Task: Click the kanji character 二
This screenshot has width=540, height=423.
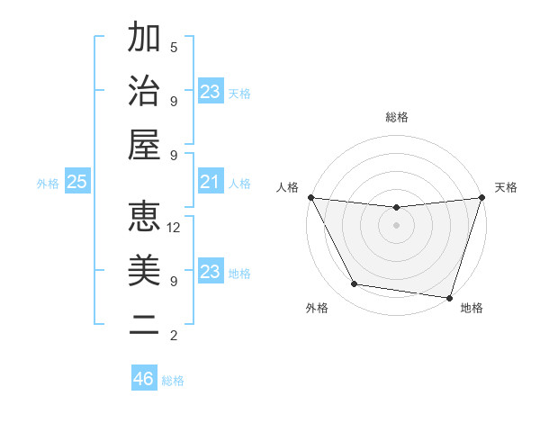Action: pyautogui.click(x=144, y=325)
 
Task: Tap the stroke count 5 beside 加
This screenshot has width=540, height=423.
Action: pyautogui.click(x=174, y=47)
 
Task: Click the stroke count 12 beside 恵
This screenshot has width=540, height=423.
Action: pyautogui.click(x=174, y=228)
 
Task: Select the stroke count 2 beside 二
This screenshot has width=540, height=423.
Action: pyautogui.click(x=174, y=336)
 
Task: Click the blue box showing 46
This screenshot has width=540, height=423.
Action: pyautogui.click(x=144, y=379)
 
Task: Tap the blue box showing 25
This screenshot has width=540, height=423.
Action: pyautogui.click(x=76, y=183)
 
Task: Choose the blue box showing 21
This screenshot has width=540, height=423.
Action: pyautogui.click(x=211, y=183)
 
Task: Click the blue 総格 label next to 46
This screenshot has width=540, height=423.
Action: pyautogui.click(x=173, y=381)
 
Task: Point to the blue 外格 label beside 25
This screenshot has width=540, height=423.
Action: pyautogui.click(x=48, y=184)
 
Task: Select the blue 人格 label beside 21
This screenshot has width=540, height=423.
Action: pyautogui.click(x=239, y=184)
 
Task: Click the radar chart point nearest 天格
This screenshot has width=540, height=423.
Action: pyautogui.click(x=481, y=198)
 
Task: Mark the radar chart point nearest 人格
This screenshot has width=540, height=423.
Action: pyautogui.click(x=310, y=197)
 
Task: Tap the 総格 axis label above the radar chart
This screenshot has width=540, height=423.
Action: pyautogui.click(x=397, y=117)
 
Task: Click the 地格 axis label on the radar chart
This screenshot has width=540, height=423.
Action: pyautogui.click(x=472, y=308)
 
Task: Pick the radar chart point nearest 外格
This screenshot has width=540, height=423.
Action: pyautogui.click(x=355, y=284)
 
